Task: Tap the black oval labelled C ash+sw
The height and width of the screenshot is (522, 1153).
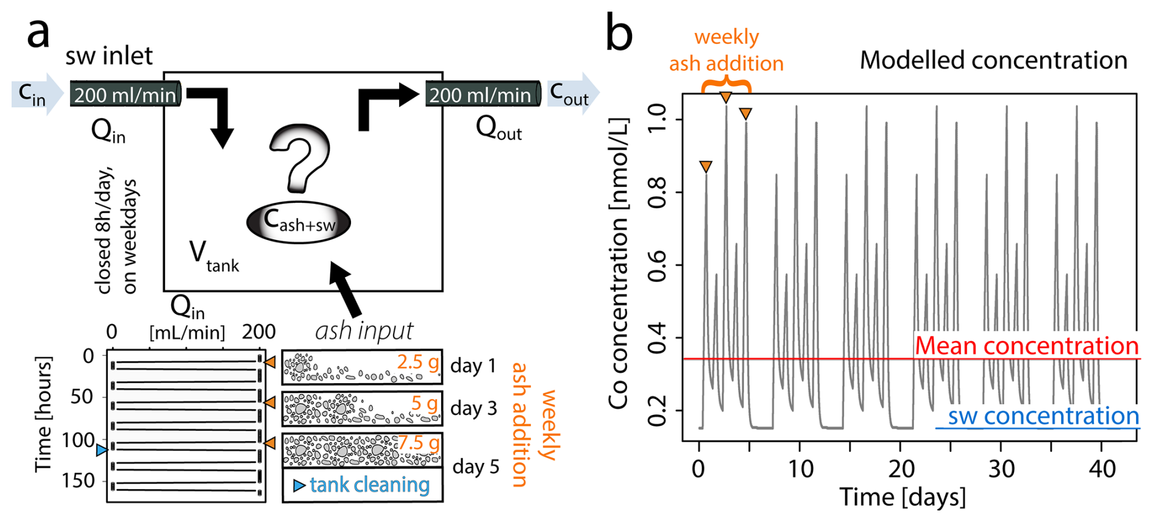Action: [x=299, y=222]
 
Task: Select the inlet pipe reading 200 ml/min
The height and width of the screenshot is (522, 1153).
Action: [x=126, y=94]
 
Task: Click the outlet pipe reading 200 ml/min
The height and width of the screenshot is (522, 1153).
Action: [x=482, y=94]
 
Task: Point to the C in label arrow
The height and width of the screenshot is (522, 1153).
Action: [x=37, y=94]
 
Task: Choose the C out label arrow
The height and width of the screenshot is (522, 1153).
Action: [x=572, y=94]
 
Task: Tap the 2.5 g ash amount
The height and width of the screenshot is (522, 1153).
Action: [x=418, y=362]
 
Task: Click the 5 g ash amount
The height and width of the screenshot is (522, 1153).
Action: [x=424, y=403]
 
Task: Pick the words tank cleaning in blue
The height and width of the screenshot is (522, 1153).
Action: [x=369, y=485]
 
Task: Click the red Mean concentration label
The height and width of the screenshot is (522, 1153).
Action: [x=1026, y=346]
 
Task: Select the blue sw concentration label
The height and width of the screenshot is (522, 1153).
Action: [x=1043, y=417]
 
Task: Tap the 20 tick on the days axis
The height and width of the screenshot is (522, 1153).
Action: [x=901, y=470]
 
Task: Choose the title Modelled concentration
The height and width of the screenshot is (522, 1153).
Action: [x=993, y=60]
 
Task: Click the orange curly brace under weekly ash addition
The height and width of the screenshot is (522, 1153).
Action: [x=726, y=85]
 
